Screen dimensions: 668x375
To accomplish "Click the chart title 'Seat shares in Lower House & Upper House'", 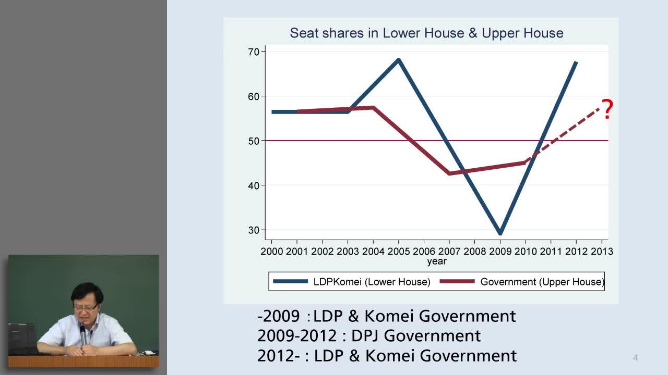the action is tap(426, 33).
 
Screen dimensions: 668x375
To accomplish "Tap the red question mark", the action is tap(607, 109).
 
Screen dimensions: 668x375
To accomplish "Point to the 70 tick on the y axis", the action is tap(254, 52).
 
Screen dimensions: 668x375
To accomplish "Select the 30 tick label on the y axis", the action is tap(254, 230).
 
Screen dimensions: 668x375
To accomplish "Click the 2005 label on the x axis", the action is tap(398, 252).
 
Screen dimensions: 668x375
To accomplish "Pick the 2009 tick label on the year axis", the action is tap(500, 252).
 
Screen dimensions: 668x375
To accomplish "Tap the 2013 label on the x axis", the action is tap(602, 252).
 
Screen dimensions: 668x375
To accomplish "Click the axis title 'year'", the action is tap(437, 261).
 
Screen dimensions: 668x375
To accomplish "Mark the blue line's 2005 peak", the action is tap(398, 60).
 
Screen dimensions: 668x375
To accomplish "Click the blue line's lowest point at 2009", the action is tap(500, 233).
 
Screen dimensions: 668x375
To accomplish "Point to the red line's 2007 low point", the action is tap(449, 173).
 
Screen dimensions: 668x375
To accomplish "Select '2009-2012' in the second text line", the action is tap(297, 336).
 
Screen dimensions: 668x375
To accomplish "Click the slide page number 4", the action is tap(635, 358).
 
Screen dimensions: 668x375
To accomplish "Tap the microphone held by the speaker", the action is tap(82, 335).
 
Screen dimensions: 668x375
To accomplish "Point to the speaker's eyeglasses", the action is tap(86, 308).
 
